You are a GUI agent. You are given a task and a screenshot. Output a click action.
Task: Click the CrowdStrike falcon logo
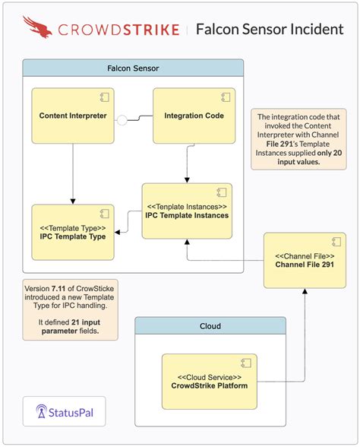coord(38,28)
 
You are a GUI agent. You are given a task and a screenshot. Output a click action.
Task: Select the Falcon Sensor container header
coord(133,68)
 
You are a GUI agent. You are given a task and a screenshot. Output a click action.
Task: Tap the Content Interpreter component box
coord(72,116)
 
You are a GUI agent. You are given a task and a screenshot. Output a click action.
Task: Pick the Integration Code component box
coord(194,116)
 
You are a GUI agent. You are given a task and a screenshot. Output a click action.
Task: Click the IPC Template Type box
coord(72,230)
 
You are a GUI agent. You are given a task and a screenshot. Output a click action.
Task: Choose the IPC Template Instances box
coord(187,210)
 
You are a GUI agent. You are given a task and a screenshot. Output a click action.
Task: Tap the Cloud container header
coord(210,326)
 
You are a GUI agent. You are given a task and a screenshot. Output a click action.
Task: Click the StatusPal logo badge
coord(65,413)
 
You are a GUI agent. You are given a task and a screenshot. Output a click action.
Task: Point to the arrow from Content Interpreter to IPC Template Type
coord(72,175)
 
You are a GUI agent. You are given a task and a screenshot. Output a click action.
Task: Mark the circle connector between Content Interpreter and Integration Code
coord(120,119)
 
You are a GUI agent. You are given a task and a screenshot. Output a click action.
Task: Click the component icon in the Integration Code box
coord(225,96)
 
